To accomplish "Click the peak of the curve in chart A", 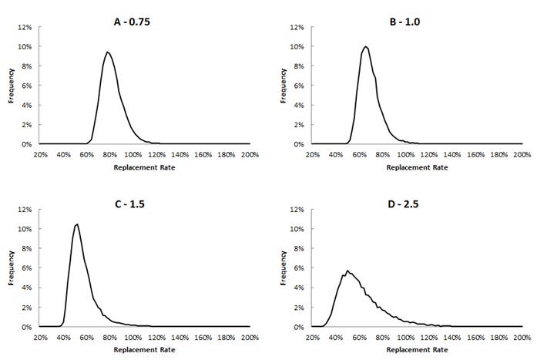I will [x=107, y=52].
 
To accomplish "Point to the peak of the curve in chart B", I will [x=366, y=47].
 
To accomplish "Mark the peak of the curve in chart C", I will [x=77, y=224].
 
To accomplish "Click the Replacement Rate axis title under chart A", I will [x=144, y=166].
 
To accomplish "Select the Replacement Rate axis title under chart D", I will [x=416, y=348].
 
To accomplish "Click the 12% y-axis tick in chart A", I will [x=25, y=27].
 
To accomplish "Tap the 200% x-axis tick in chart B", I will [x=522, y=154].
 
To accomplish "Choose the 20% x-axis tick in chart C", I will [x=40, y=337].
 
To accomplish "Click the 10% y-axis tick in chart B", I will [x=297, y=46].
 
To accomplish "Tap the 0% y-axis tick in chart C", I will [x=26, y=326].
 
